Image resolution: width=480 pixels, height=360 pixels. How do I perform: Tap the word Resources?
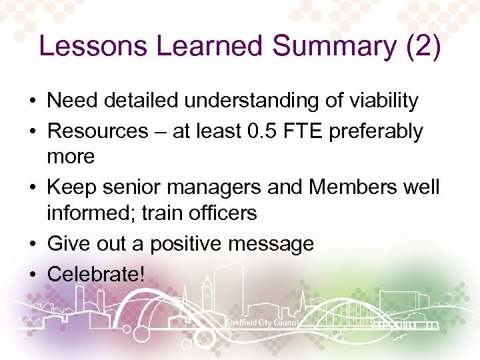point(98,131)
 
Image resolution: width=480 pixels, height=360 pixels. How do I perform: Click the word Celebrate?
point(96,273)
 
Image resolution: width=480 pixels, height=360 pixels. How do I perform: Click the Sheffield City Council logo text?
point(261,323)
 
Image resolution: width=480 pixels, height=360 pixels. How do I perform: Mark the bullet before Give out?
point(32,244)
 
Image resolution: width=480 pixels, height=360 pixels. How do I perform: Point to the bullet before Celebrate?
point(32,273)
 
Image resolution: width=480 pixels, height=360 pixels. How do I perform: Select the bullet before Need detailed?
point(32,101)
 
